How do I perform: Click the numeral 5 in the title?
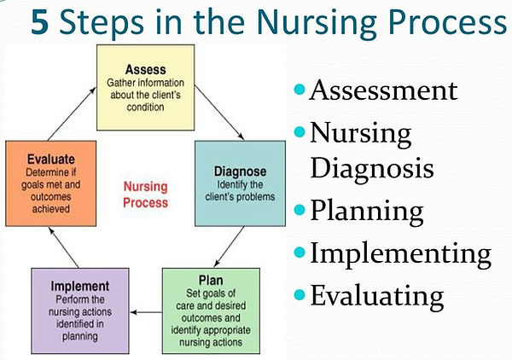coord(40,22)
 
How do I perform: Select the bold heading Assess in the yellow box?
coord(146,69)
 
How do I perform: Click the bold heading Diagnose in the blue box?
coord(240,171)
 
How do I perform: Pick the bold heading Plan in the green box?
coord(211,281)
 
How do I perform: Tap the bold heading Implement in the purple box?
coord(80,287)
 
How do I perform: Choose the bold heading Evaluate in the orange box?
coord(51,160)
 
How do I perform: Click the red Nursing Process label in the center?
coord(146,195)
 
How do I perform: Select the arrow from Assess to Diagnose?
coord(219,113)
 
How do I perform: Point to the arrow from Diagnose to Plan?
coord(229,247)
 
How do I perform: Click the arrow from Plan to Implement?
coord(146,312)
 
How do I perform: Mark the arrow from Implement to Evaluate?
coord(63,247)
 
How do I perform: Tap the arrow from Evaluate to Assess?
coord(72,113)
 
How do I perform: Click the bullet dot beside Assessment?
coord(300,89)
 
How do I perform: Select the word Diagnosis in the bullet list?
coord(372,169)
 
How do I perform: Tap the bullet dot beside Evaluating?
coord(300,294)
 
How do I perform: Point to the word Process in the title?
coord(448,22)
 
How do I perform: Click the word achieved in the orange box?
coord(51,209)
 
